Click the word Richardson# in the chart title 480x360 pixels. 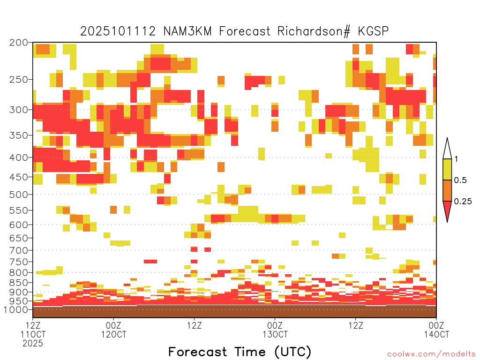point(314,31)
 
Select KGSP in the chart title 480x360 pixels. point(373,31)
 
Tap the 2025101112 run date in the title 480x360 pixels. point(118,31)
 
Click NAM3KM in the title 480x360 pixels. point(187,31)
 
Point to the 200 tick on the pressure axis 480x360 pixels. point(19,43)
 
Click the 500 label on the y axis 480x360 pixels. point(19,195)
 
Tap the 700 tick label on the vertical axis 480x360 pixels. point(19,250)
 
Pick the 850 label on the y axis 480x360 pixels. point(19,283)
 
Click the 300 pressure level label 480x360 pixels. point(19,110)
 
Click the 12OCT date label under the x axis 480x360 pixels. point(113,334)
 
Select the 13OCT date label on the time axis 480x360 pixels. point(275,334)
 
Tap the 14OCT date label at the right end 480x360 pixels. point(436,334)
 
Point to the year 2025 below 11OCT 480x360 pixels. point(33,343)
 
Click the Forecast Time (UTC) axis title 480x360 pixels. point(240,352)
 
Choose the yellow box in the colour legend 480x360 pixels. point(447,169)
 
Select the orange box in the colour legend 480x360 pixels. point(447,190)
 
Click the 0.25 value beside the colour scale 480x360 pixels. point(463,201)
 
